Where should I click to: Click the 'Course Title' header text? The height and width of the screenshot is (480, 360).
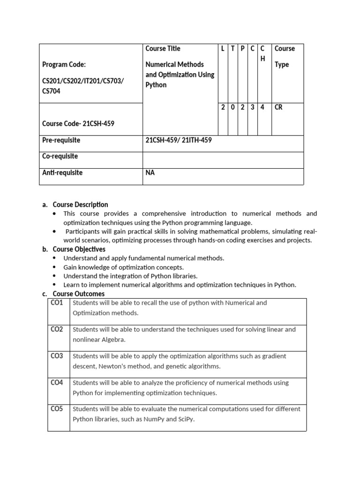(x=163, y=49)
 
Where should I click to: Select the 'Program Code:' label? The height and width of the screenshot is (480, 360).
(x=64, y=65)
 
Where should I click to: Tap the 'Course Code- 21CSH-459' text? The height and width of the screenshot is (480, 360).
(x=78, y=124)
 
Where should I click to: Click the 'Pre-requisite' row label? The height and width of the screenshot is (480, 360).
(x=61, y=140)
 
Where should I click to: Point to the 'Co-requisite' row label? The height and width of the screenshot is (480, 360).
(x=60, y=156)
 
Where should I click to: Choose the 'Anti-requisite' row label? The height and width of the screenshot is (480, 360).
(x=62, y=172)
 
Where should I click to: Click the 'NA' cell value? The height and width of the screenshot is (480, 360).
(x=150, y=172)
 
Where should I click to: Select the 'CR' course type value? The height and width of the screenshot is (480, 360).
(x=278, y=107)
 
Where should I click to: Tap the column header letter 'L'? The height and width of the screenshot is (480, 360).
(x=223, y=49)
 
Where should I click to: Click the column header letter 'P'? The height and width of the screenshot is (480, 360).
(x=243, y=49)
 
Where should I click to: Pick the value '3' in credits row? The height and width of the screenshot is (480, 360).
(x=253, y=107)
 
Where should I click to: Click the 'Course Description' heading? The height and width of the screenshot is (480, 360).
(x=80, y=204)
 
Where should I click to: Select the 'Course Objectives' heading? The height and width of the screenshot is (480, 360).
(x=79, y=249)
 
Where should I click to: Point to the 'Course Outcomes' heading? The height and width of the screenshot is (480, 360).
(x=78, y=294)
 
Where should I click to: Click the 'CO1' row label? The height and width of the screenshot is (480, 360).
(x=57, y=303)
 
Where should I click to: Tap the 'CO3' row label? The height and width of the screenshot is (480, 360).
(x=57, y=356)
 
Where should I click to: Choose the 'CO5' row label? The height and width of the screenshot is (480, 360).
(x=57, y=409)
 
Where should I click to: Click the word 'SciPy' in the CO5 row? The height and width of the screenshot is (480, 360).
(x=185, y=419)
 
